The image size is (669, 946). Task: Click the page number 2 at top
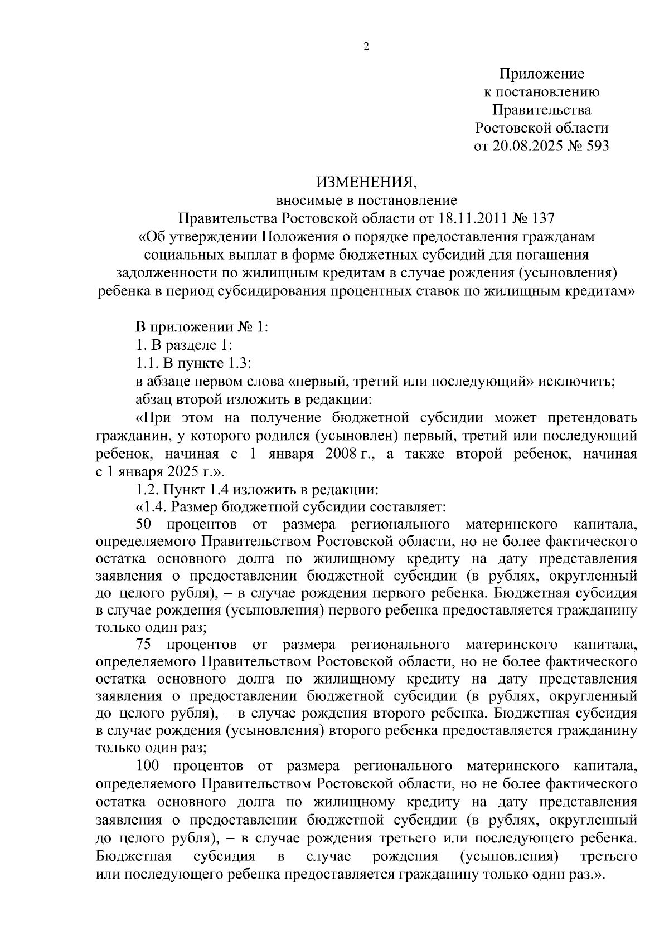point(366,47)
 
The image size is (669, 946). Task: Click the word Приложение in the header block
point(541,74)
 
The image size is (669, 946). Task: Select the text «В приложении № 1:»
point(202,327)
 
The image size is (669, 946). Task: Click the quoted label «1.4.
point(151,508)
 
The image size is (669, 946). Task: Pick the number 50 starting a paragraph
point(144,525)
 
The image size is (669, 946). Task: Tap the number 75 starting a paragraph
point(144,645)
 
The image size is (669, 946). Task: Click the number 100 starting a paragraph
point(147,766)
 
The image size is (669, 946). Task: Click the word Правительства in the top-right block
point(541,110)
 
